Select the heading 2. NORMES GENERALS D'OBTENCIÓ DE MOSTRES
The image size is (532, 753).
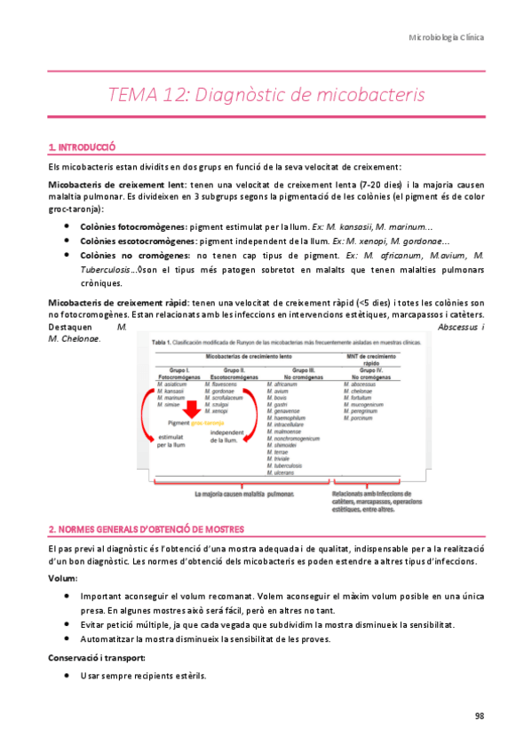146,529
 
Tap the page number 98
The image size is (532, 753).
479,716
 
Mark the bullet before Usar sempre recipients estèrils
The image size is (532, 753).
67,676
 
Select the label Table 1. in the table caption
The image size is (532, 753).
163,342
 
